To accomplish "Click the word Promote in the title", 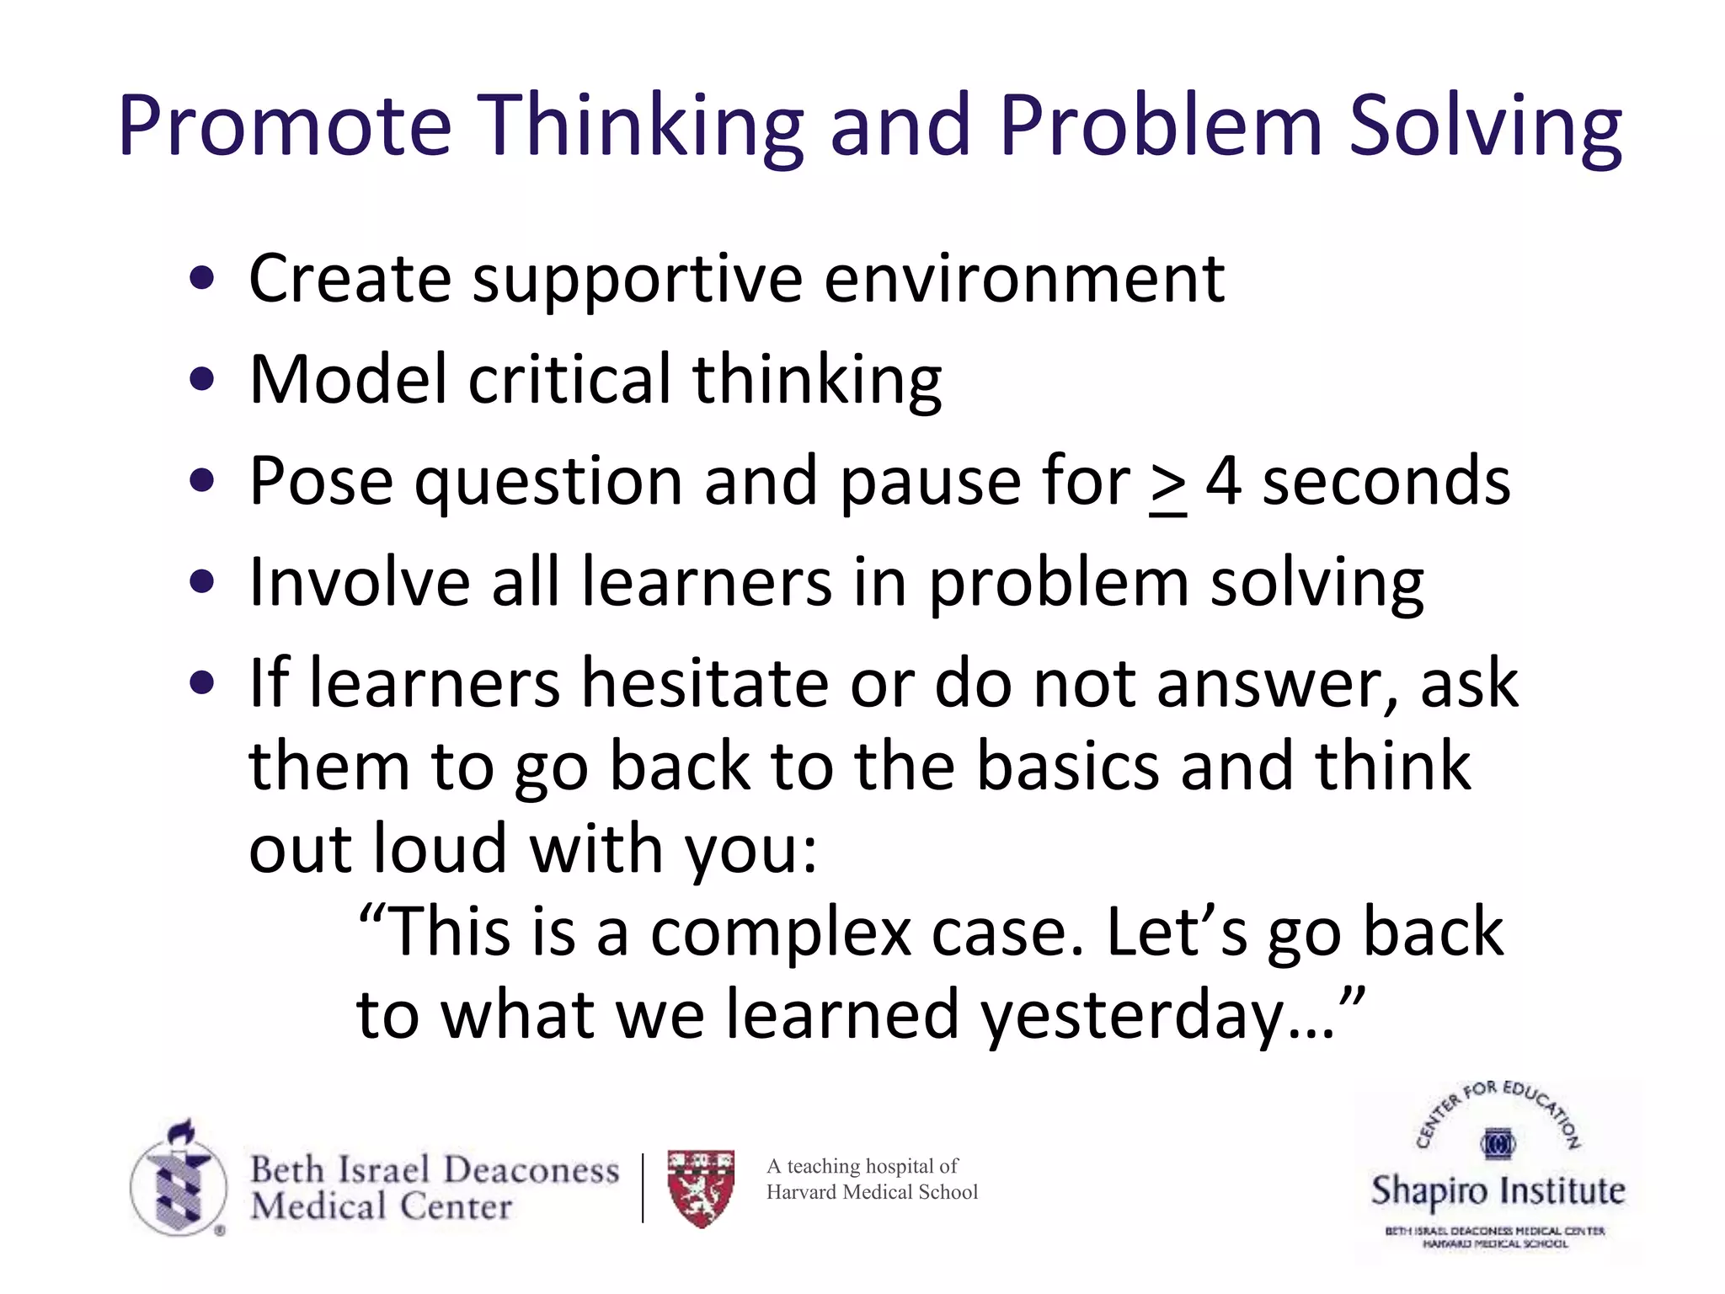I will pos(285,126).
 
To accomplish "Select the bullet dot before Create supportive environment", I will pos(202,279).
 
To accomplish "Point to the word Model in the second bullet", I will pos(347,379).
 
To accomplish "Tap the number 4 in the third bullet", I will pos(1223,481).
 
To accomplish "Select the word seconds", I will pos(1386,481).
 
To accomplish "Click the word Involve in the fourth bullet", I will pos(359,582).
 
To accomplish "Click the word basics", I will pos(1067,766).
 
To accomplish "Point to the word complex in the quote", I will pos(781,933).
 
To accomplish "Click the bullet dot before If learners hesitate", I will pos(202,683).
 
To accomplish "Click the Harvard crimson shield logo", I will pos(701,1187).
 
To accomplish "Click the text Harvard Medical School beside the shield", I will pos(872,1192).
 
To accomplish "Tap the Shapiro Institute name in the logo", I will pos(1498,1190).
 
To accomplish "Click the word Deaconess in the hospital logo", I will pos(531,1170).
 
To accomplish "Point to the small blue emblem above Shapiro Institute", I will pos(1498,1143).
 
